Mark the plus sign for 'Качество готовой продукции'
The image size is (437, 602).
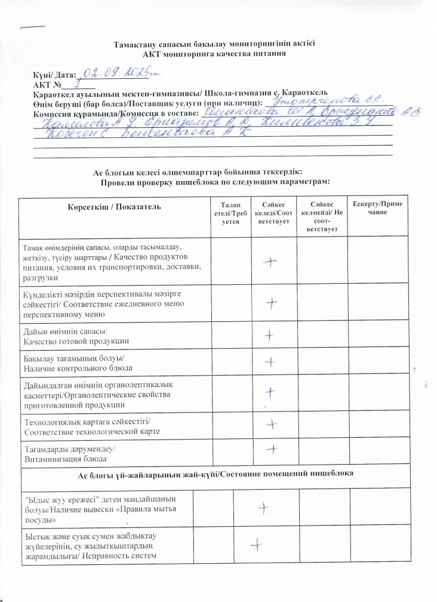pyautogui.click(x=270, y=336)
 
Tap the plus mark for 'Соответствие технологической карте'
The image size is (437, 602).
pyautogui.click(x=272, y=423)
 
